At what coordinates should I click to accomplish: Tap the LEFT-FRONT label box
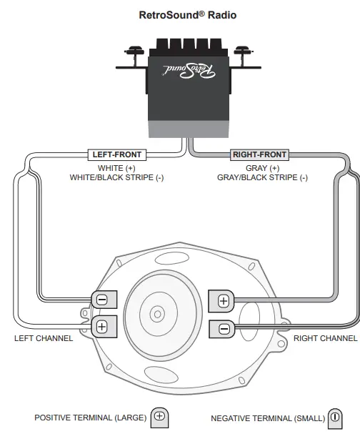pos(117,154)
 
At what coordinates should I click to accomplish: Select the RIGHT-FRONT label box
pos(259,154)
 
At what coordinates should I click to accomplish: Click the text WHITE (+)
pos(116,168)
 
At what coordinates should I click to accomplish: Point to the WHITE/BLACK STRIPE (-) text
pos(116,178)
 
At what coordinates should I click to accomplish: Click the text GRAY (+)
pos(262,168)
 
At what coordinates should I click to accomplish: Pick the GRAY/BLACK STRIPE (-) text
pos(262,178)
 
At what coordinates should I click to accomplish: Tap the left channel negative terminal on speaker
pos(101,300)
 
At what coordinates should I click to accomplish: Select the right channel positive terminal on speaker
pos(224,300)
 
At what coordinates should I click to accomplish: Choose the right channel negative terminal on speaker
pos(224,329)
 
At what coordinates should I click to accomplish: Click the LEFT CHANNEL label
pos(44,338)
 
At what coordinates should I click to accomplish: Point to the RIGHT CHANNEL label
pos(325,338)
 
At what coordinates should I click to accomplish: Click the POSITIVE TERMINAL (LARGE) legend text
pos(90,418)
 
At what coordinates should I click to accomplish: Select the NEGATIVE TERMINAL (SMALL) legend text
pos(268,418)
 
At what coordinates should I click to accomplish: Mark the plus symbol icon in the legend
pos(159,416)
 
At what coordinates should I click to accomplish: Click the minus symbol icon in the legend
pos(334,418)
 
